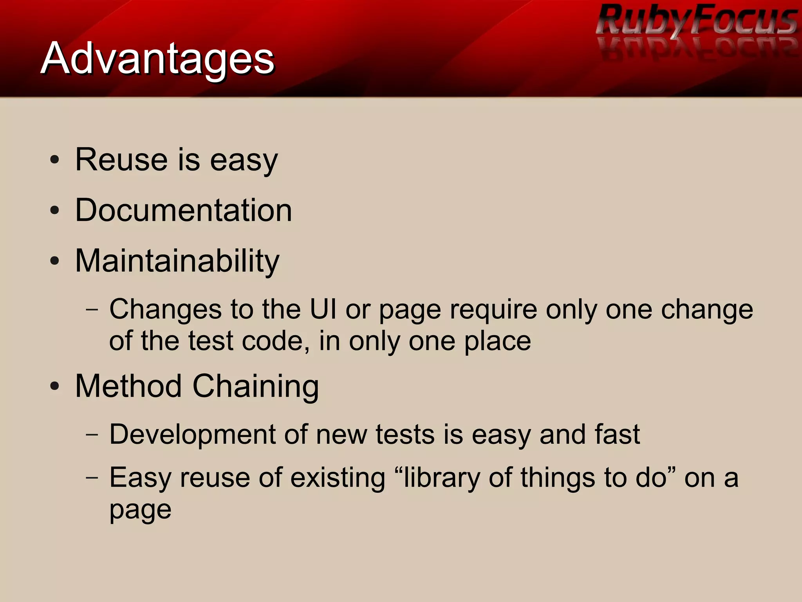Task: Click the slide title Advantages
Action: (x=157, y=59)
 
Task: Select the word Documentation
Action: (x=183, y=210)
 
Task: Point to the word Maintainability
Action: (x=177, y=261)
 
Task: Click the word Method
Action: (x=128, y=386)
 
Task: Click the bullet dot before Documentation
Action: (x=55, y=211)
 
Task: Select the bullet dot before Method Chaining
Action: (x=55, y=386)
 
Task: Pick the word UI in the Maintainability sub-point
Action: (x=323, y=309)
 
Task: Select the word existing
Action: (x=338, y=479)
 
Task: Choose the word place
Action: (x=497, y=342)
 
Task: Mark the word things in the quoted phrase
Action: (x=558, y=479)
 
